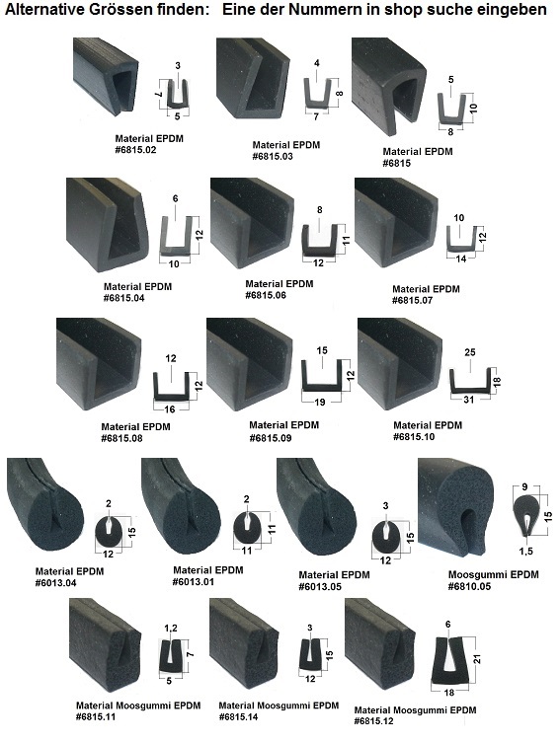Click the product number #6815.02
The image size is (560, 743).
coord(135,150)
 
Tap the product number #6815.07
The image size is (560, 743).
coord(413,300)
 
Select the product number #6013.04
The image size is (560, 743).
coord(55,583)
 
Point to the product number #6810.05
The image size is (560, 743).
coord(469,587)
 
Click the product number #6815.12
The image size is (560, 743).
coord(373,721)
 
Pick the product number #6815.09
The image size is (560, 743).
coord(271,438)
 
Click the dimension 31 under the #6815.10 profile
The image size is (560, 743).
coord(468,400)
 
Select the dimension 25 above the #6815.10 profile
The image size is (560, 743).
coord(470,352)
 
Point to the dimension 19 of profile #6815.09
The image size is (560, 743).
coord(320,402)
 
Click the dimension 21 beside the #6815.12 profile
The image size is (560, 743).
coord(477,659)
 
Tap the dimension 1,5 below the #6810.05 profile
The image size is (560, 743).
coord(525,551)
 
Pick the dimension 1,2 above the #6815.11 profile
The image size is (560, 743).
coord(171,629)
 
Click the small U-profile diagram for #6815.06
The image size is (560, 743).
coord(319,239)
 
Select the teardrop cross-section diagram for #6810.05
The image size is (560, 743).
coord(526,515)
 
